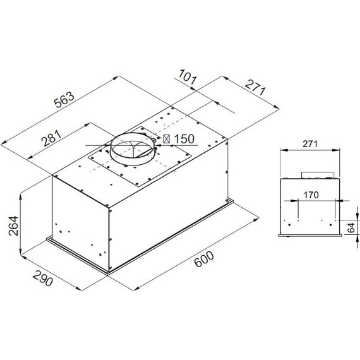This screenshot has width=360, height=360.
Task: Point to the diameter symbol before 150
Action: (x=167, y=140)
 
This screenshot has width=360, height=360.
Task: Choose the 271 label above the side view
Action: (x=309, y=144)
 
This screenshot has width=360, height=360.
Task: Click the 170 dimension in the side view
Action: (x=309, y=196)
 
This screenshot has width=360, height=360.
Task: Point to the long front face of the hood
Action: (x=171, y=221)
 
